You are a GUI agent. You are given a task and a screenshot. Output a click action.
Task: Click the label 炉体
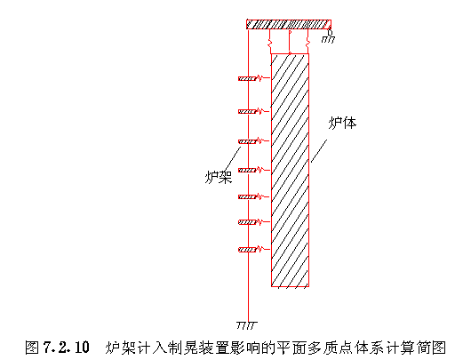[342, 123]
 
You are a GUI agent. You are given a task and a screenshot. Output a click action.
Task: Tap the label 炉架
[219, 177]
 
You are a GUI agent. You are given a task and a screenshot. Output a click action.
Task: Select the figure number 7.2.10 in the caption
[66, 348]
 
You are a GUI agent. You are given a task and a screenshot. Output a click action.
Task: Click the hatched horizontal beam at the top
[289, 24]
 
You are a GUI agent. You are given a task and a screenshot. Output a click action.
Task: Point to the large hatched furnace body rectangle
[290, 170]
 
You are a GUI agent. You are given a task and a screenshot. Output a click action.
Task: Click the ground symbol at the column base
[247, 325]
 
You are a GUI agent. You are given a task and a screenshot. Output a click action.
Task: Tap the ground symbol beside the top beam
[328, 39]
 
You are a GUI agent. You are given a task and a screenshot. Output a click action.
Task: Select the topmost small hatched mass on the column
[247, 78]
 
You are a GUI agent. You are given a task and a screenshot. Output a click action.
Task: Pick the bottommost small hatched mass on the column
[247, 250]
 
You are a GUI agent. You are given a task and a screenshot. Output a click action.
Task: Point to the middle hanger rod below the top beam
[290, 41]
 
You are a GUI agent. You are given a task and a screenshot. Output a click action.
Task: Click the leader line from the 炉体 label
[319, 151]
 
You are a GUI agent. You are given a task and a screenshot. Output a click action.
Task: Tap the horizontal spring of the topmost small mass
[263, 78]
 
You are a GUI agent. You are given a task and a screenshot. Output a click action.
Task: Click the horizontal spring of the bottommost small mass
[263, 249]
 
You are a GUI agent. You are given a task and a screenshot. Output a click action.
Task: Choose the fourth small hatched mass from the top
[247, 171]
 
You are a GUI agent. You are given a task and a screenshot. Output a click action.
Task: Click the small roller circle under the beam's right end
[330, 32]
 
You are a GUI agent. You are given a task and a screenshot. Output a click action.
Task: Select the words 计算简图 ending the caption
[416, 348]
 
